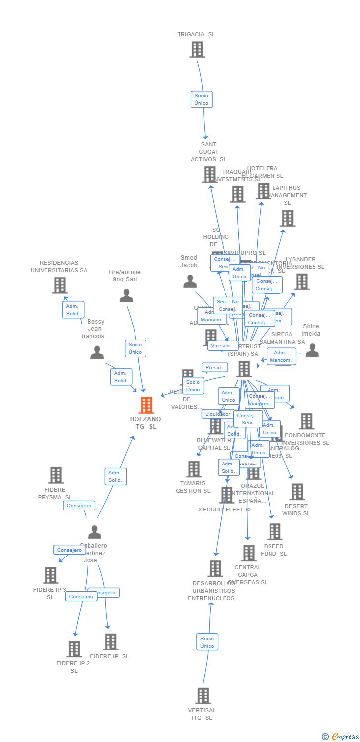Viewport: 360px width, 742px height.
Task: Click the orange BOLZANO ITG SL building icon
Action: point(146,405)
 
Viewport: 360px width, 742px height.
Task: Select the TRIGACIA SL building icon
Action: point(197,49)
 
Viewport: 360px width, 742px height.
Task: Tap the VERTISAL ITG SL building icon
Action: point(203,696)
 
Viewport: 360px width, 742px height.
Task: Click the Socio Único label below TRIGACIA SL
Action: point(201,99)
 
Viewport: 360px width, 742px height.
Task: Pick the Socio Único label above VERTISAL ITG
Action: point(207,642)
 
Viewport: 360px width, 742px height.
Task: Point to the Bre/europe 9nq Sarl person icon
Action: point(126,296)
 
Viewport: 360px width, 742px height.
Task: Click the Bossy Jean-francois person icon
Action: point(97,353)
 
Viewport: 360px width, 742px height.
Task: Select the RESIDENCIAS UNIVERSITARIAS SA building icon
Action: point(59,285)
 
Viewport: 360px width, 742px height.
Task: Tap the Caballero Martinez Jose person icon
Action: point(94,532)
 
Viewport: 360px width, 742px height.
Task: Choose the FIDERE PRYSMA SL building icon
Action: point(56,475)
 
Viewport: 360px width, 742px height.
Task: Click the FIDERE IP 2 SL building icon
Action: point(74,649)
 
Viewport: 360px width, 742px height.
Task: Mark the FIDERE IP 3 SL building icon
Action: point(50,575)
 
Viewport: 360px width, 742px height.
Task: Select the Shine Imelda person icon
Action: point(312,350)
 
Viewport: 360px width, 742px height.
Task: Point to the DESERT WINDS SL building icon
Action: point(297,491)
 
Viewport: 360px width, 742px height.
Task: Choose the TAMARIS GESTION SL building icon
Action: point(194,468)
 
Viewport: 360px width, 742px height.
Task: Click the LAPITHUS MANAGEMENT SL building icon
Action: point(287,218)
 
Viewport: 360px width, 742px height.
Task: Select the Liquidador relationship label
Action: point(218,414)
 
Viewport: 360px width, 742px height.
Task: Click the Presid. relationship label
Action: point(215,368)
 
